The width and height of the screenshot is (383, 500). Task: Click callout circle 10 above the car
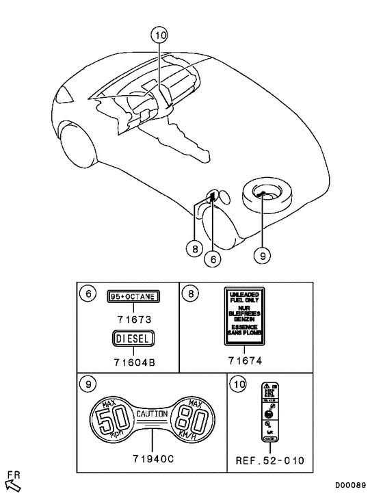[x=159, y=34]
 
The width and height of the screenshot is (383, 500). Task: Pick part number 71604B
[x=133, y=361]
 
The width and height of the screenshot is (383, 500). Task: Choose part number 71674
[x=245, y=360]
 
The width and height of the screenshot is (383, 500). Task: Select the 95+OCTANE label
[x=133, y=297]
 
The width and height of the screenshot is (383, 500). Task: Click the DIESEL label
[x=133, y=338]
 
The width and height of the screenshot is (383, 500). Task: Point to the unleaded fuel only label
[x=245, y=315]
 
